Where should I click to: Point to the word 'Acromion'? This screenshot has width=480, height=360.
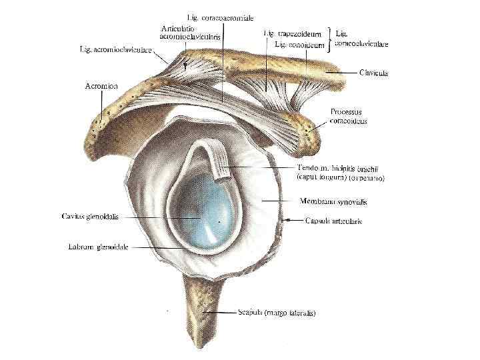102,86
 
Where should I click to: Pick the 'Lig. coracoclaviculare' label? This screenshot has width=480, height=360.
361,37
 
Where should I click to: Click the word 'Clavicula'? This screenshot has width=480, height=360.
374,73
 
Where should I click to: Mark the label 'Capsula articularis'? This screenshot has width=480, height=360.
333,221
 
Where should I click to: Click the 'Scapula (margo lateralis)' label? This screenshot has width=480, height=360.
277,312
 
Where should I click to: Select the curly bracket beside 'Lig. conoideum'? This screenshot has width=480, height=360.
329,39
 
